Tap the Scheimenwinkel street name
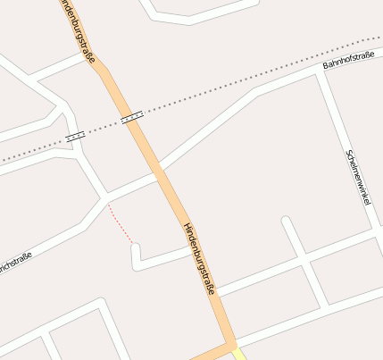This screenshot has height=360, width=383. [x=357, y=177]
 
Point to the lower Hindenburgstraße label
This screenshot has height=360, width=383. [x=200, y=258]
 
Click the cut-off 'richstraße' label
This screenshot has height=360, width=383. [x=16, y=264]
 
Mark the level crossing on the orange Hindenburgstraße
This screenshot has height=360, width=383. [x=131, y=116]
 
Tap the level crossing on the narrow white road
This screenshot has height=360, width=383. [x=75, y=136]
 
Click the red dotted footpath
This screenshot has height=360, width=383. [x=120, y=222]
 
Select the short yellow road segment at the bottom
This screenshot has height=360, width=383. [x=239, y=355]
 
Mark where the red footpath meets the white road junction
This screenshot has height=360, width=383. [x=108, y=204]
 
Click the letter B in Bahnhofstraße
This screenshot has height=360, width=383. [x=324, y=67]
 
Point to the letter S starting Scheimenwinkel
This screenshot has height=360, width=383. [x=347, y=151]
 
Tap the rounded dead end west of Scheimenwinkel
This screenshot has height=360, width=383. [x=285, y=220]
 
